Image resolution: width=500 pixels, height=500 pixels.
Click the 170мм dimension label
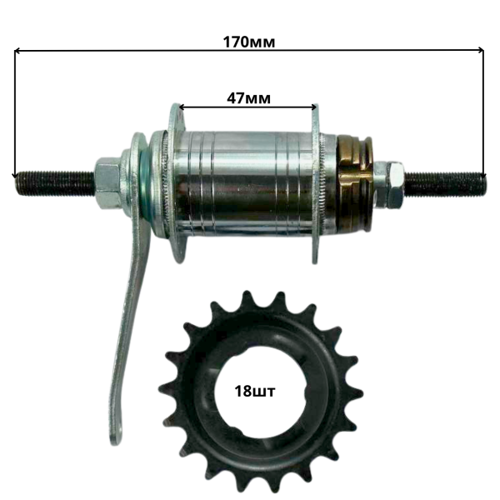[x=248, y=42]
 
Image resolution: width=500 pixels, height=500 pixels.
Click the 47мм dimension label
[x=248, y=98]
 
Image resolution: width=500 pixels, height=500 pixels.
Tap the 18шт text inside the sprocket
[x=254, y=391]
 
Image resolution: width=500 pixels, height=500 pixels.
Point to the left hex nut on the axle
[x=107, y=182]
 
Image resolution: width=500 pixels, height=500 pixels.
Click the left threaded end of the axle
[x=55, y=183]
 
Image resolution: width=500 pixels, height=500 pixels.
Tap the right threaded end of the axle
[x=445, y=183]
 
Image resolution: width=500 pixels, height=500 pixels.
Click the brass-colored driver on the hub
[x=355, y=183]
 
